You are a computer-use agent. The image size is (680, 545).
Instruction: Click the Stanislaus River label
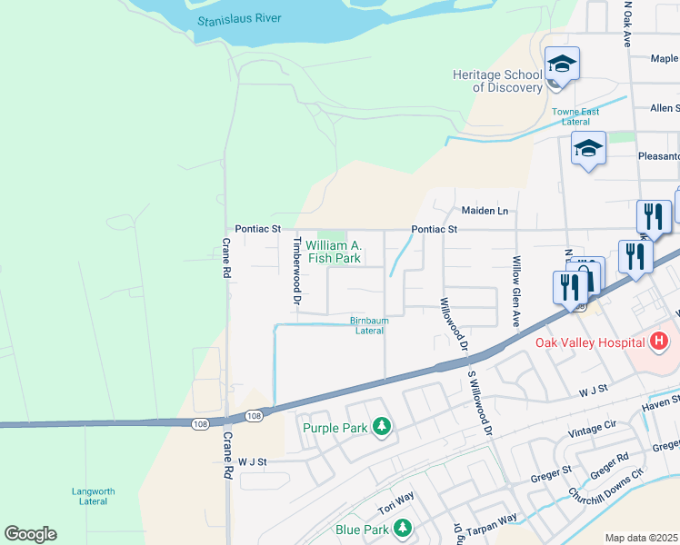[240, 18]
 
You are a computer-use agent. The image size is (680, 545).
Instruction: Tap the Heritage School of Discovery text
[496, 81]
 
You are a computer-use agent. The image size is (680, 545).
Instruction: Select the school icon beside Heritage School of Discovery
[562, 64]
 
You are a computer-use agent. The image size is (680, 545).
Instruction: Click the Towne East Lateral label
[575, 116]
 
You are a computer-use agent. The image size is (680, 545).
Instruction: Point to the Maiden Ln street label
[485, 211]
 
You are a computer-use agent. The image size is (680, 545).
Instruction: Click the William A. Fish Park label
[334, 252]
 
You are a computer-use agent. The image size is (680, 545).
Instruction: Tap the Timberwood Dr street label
[296, 270]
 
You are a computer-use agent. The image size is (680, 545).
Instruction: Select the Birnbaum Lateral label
[368, 325]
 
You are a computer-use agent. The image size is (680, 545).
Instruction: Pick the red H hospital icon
[659, 342]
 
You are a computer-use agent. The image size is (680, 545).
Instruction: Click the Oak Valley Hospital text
[592, 342]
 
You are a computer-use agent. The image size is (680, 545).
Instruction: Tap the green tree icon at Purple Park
[383, 427]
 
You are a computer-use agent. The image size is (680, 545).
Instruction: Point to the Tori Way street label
[396, 501]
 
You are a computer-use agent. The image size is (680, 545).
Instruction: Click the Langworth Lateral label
[93, 496]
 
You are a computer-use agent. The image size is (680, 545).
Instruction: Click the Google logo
[30, 534]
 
